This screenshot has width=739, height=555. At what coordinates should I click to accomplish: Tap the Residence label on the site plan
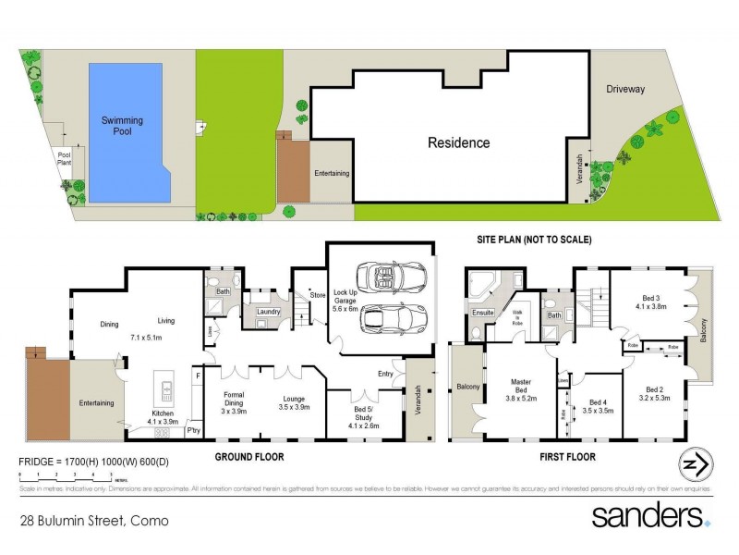[x=458, y=143]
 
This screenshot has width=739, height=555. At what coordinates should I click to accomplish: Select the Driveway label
[x=626, y=90]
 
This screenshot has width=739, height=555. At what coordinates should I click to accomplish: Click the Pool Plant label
[x=65, y=159]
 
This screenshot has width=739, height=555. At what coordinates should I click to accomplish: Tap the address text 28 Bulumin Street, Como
[x=94, y=521]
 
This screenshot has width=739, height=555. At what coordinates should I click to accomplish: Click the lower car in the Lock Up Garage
[x=393, y=317]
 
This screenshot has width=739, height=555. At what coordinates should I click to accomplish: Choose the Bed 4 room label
[x=598, y=407]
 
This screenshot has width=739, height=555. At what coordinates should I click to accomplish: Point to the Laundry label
[x=268, y=312]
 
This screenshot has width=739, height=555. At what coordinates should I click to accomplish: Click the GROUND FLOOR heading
[x=249, y=457]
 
